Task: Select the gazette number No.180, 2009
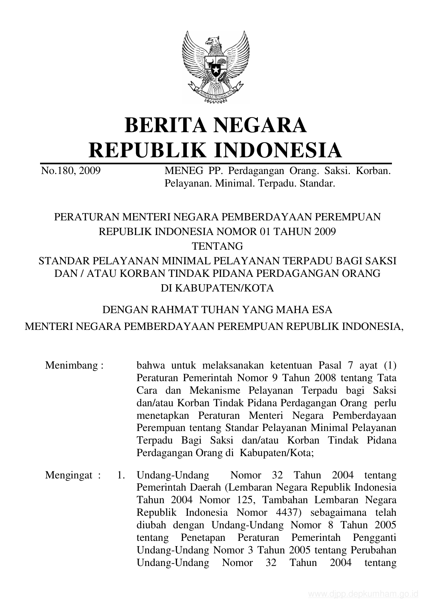pos(71,171)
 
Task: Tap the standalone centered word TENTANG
pos(218,246)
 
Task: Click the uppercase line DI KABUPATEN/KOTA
pos(217,288)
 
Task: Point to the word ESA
pos(322,310)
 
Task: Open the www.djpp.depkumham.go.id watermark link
pos(363,594)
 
